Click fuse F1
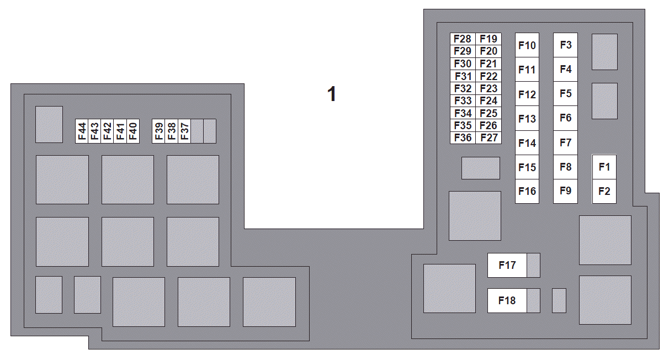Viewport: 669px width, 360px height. click(604, 167)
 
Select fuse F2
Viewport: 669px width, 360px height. click(604, 191)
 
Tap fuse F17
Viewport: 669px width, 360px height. click(507, 265)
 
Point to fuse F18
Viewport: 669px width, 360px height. click(507, 300)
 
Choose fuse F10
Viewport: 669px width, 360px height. click(527, 45)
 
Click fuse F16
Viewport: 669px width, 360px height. click(527, 191)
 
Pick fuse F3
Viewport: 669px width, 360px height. click(565, 45)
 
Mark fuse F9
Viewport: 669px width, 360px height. click(565, 191)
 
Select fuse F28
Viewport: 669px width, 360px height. click(463, 39)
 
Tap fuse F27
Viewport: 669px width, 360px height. click(489, 137)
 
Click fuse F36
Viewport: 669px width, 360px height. click(463, 137)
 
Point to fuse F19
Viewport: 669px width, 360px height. click(489, 39)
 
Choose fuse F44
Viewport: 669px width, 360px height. click(82, 131)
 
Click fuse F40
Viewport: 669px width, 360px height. click(133, 131)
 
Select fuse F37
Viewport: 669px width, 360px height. click(184, 131)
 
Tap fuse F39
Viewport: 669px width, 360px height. click(158, 131)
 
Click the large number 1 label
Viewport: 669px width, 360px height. click(332, 94)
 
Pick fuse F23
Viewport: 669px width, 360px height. click(489, 88)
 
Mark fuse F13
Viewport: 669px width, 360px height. click(527, 118)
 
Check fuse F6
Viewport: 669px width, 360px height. click(565, 118)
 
